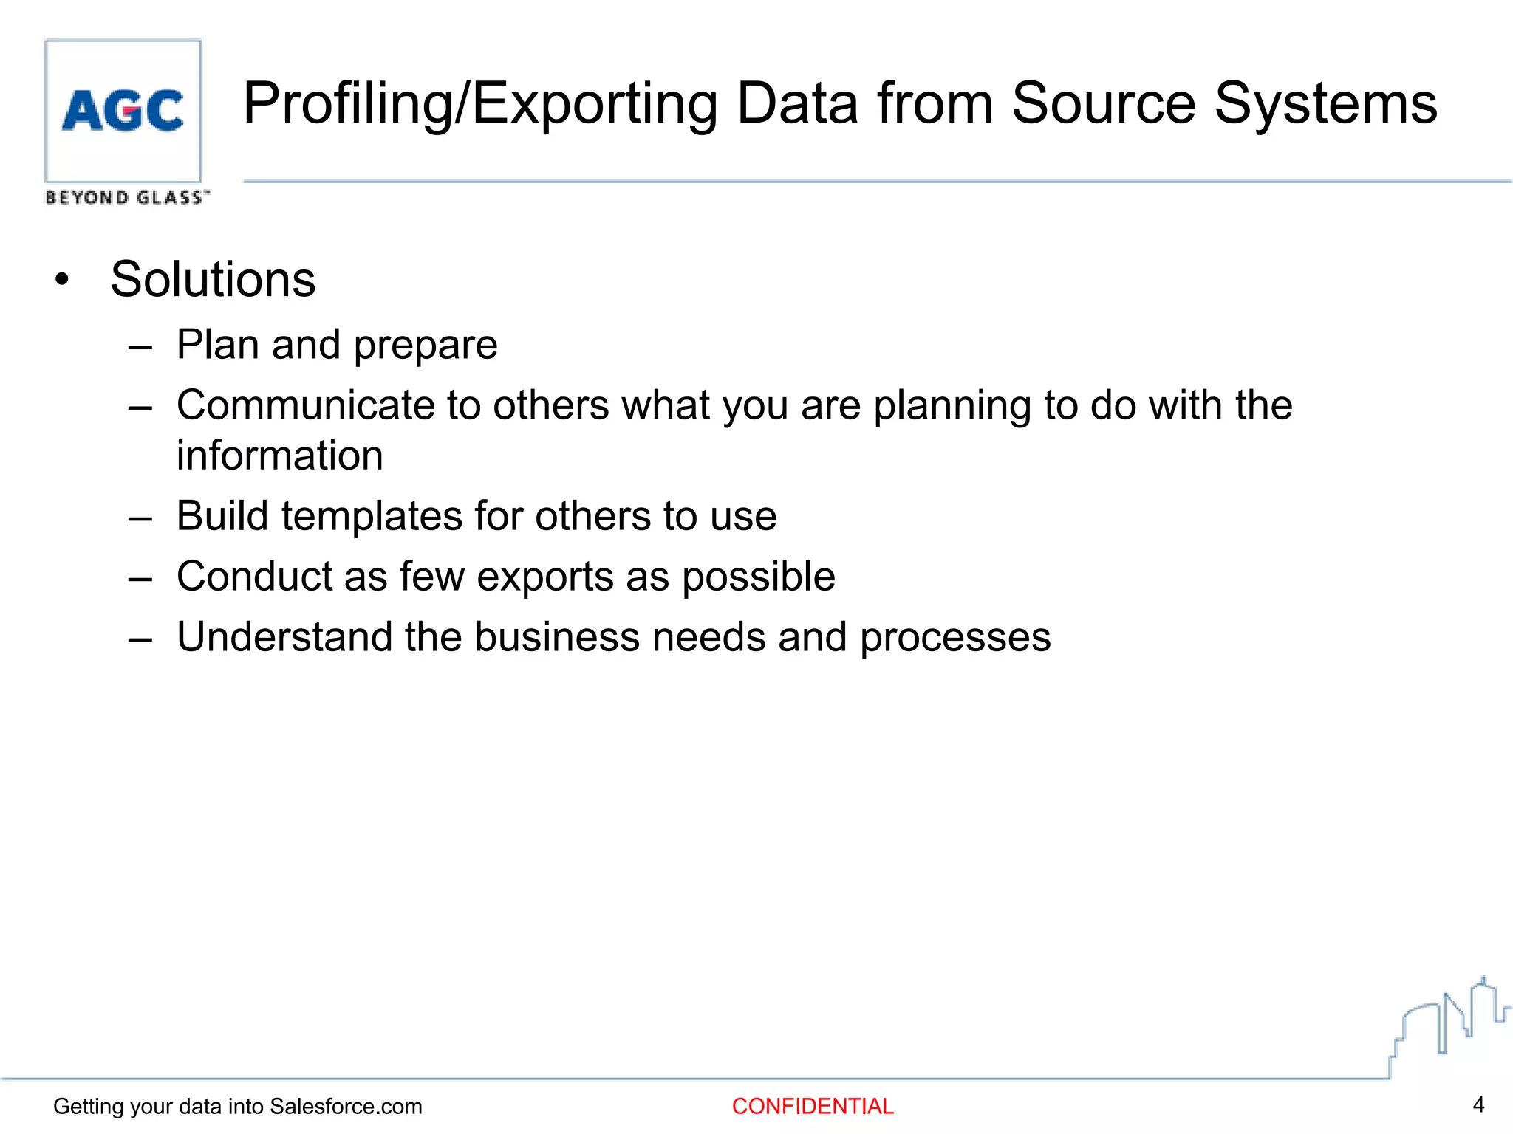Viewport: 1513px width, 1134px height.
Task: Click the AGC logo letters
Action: coord(123,111)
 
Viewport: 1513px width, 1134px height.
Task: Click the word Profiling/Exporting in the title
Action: coord(480,105)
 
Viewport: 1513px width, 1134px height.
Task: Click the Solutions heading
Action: coord(213,280)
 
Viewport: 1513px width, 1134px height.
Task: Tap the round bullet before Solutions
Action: coord(62,281)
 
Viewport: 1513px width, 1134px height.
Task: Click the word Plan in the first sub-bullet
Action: coord(217,345)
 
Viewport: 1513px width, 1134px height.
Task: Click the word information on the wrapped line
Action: coord(280,456)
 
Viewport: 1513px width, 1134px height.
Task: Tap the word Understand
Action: coord(284,637)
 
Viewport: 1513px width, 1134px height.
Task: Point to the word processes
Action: coord(955,639)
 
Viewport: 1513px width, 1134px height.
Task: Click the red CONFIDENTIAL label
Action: coord(813,1107)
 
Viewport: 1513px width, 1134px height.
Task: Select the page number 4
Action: coord(1478,1105)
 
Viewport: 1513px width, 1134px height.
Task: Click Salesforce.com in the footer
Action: coord(346,1107)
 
